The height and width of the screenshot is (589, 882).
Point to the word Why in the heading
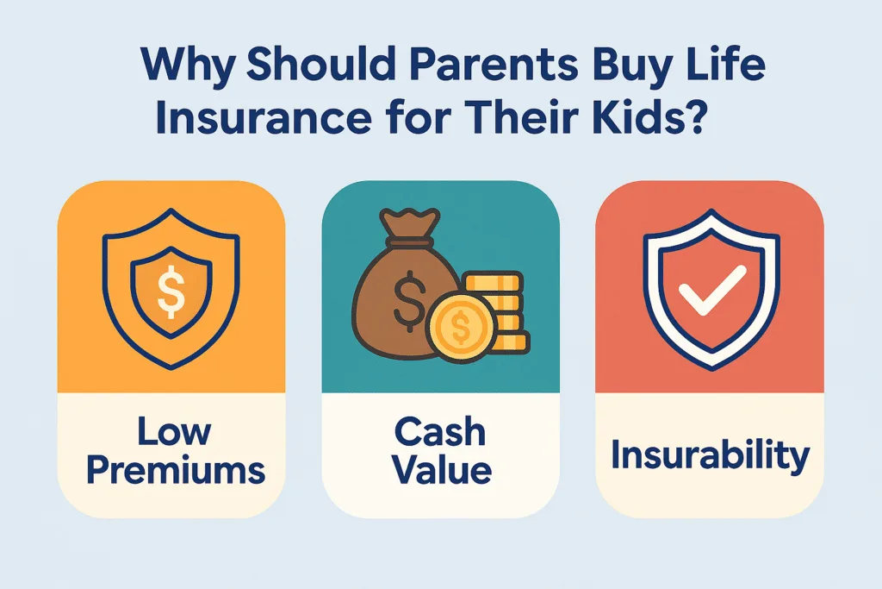177,67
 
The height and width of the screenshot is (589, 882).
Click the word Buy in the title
626,67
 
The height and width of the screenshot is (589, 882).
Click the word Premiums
171,470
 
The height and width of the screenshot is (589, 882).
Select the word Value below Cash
440,470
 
